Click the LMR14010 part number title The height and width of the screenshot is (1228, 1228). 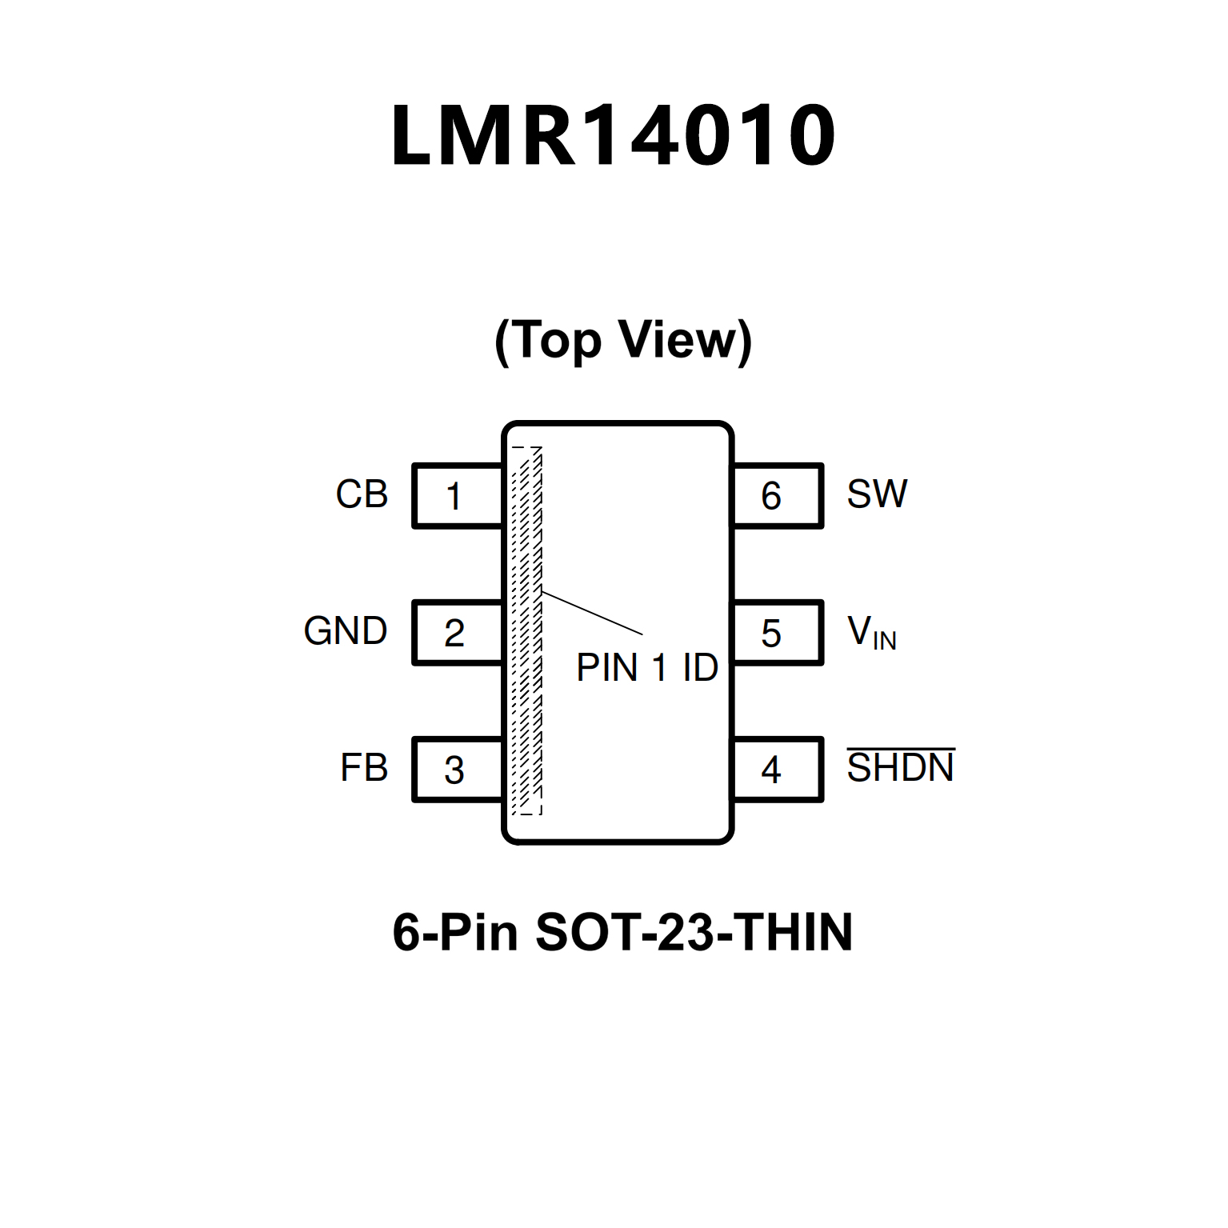[614, 135]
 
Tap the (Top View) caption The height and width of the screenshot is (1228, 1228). [623, 340]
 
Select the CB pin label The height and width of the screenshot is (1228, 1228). [362, 494]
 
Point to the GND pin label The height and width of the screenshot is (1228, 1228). [346, 631]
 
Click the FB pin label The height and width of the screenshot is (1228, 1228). [364, 768]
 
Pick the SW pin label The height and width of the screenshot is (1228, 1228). [877, 494]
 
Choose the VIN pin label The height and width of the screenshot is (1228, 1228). [871, 632]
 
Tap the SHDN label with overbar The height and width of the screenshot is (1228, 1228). [900, 768]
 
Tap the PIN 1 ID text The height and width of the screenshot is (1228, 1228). [647, 668]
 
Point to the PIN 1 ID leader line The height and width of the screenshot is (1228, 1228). [592, 613]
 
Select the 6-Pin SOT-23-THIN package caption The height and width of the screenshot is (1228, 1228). [622, 932]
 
